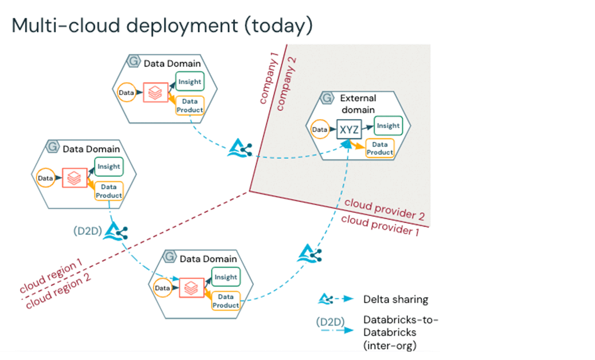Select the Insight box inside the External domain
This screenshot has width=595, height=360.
[388, 126]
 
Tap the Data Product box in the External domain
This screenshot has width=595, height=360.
[380, 148]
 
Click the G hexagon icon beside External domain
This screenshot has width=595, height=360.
[327, 98]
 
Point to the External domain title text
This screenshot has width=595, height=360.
[358, 104]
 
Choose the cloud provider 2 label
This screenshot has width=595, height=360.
[384, 209]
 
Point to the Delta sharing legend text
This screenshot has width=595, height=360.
[396, 300]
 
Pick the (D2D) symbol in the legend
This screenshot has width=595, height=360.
[329, 321]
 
